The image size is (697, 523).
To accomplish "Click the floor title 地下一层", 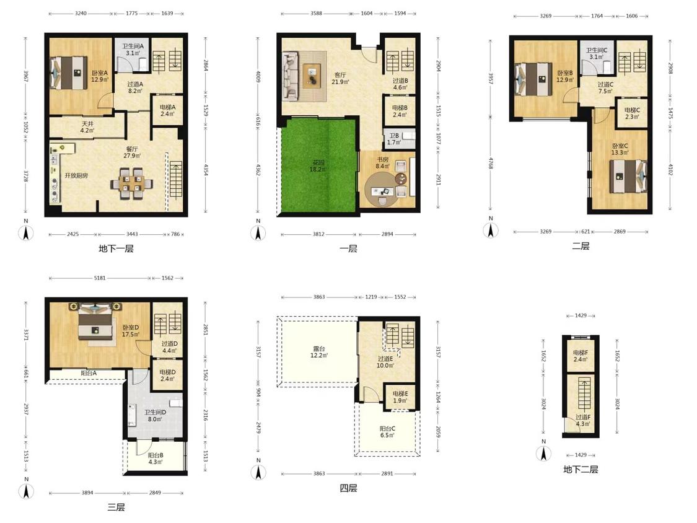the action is [116, 248].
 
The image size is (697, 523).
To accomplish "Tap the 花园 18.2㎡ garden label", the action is [318, 165].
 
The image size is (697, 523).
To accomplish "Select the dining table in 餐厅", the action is [132, 182].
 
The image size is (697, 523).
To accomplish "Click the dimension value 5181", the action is [100, 278].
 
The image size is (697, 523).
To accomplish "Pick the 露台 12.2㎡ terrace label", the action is [318, 352].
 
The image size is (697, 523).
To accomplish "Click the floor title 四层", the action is [348, 488].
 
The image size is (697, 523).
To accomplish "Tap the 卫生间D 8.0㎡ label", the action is [155, 415].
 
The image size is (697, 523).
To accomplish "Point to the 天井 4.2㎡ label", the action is [87, 127].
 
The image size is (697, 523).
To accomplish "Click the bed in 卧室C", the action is [628, 176].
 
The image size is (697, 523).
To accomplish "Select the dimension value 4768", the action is [490, 162].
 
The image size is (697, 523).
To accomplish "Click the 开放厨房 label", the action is [76, 175].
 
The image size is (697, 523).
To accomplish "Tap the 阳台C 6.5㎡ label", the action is [387, 432].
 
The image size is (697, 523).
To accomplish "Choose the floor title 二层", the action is [581, 246].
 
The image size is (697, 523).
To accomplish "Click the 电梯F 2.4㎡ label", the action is [581, 356].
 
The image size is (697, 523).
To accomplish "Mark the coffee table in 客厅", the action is [313, 75].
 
